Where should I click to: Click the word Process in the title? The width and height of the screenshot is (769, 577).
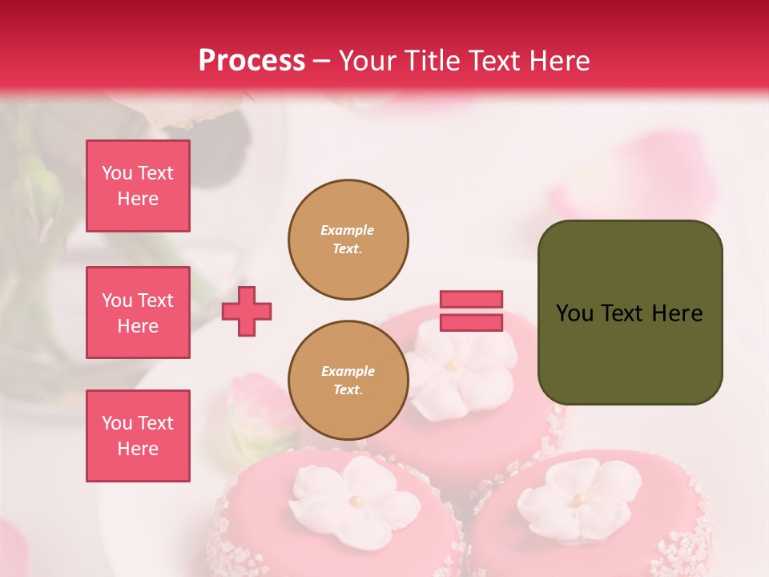[x=252, y=61]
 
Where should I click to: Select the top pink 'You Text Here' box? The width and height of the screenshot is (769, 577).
[x=138, y=186]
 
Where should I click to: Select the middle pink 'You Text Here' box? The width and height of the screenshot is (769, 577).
[x=138, y=313]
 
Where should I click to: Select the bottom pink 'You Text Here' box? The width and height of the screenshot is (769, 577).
[x=138, y=436]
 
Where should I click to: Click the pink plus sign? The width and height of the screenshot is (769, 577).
[x=247, y=310]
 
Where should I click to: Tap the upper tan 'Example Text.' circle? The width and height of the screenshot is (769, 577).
[x=348, y=240]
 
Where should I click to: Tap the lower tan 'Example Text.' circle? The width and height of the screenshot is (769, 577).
[x=348, y=381]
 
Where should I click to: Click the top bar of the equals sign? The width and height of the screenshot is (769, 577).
[x=471, y=300]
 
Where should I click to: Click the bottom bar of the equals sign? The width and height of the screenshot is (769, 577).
[x=471, y=322]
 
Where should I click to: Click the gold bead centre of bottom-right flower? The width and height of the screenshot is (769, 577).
[x=578, y=499]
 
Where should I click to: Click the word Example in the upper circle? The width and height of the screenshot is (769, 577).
[x=348, y=230]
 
